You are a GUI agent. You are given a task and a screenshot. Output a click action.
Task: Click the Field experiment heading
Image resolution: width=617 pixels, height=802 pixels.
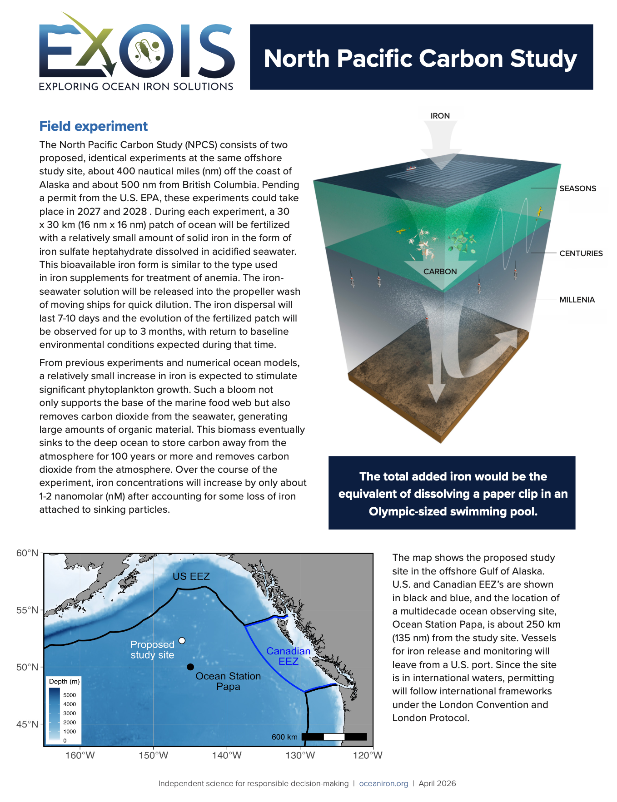(x=94, y=126)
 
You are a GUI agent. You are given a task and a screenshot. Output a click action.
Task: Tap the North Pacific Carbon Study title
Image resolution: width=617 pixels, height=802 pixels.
(x=420, y=59)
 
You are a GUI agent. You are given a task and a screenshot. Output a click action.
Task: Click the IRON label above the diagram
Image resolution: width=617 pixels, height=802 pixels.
(x=440, y=116)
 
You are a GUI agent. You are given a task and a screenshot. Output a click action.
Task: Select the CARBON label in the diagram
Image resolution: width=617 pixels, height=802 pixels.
(x=440, y=272)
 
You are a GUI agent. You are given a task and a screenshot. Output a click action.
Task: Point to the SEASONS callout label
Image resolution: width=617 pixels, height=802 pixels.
(x=577, y=188)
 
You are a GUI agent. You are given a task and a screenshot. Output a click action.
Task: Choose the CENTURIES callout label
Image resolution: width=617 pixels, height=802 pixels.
(x=581, y=253)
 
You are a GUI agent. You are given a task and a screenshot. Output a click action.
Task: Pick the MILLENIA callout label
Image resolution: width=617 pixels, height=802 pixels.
(x=577, y=300)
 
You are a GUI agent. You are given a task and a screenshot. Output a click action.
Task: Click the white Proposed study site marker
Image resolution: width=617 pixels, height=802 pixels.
(x=182, y=640)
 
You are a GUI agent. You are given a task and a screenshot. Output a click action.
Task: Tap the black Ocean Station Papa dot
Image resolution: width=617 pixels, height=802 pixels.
(x=190, y=667)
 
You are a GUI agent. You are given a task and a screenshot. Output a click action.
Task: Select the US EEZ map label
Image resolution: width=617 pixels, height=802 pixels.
(x=191, y=576)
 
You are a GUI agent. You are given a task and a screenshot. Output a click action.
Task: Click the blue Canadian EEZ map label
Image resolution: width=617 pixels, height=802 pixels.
(x=289, y=656)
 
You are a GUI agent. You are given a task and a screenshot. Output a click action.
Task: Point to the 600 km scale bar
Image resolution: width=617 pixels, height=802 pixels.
(x=334, y=737)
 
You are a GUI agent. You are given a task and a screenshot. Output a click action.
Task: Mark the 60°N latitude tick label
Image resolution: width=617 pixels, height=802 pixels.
(x=27, y=553)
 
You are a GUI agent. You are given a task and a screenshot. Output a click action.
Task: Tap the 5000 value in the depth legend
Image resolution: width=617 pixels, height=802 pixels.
(x=70, y=695)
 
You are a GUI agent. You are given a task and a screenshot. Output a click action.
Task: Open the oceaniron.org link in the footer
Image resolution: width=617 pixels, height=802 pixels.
(x=383, y=783)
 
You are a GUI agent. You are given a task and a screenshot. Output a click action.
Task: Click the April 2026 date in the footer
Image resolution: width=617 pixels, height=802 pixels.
(x=437, y=783)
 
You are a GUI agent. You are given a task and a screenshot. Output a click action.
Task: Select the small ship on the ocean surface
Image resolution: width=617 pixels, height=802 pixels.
(x=411, y=168)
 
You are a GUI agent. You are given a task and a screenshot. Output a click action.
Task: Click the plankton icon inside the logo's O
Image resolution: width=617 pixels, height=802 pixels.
(x=146, y=50)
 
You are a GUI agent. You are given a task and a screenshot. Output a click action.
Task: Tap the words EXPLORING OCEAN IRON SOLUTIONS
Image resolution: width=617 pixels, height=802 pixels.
(x=136, y=86)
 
